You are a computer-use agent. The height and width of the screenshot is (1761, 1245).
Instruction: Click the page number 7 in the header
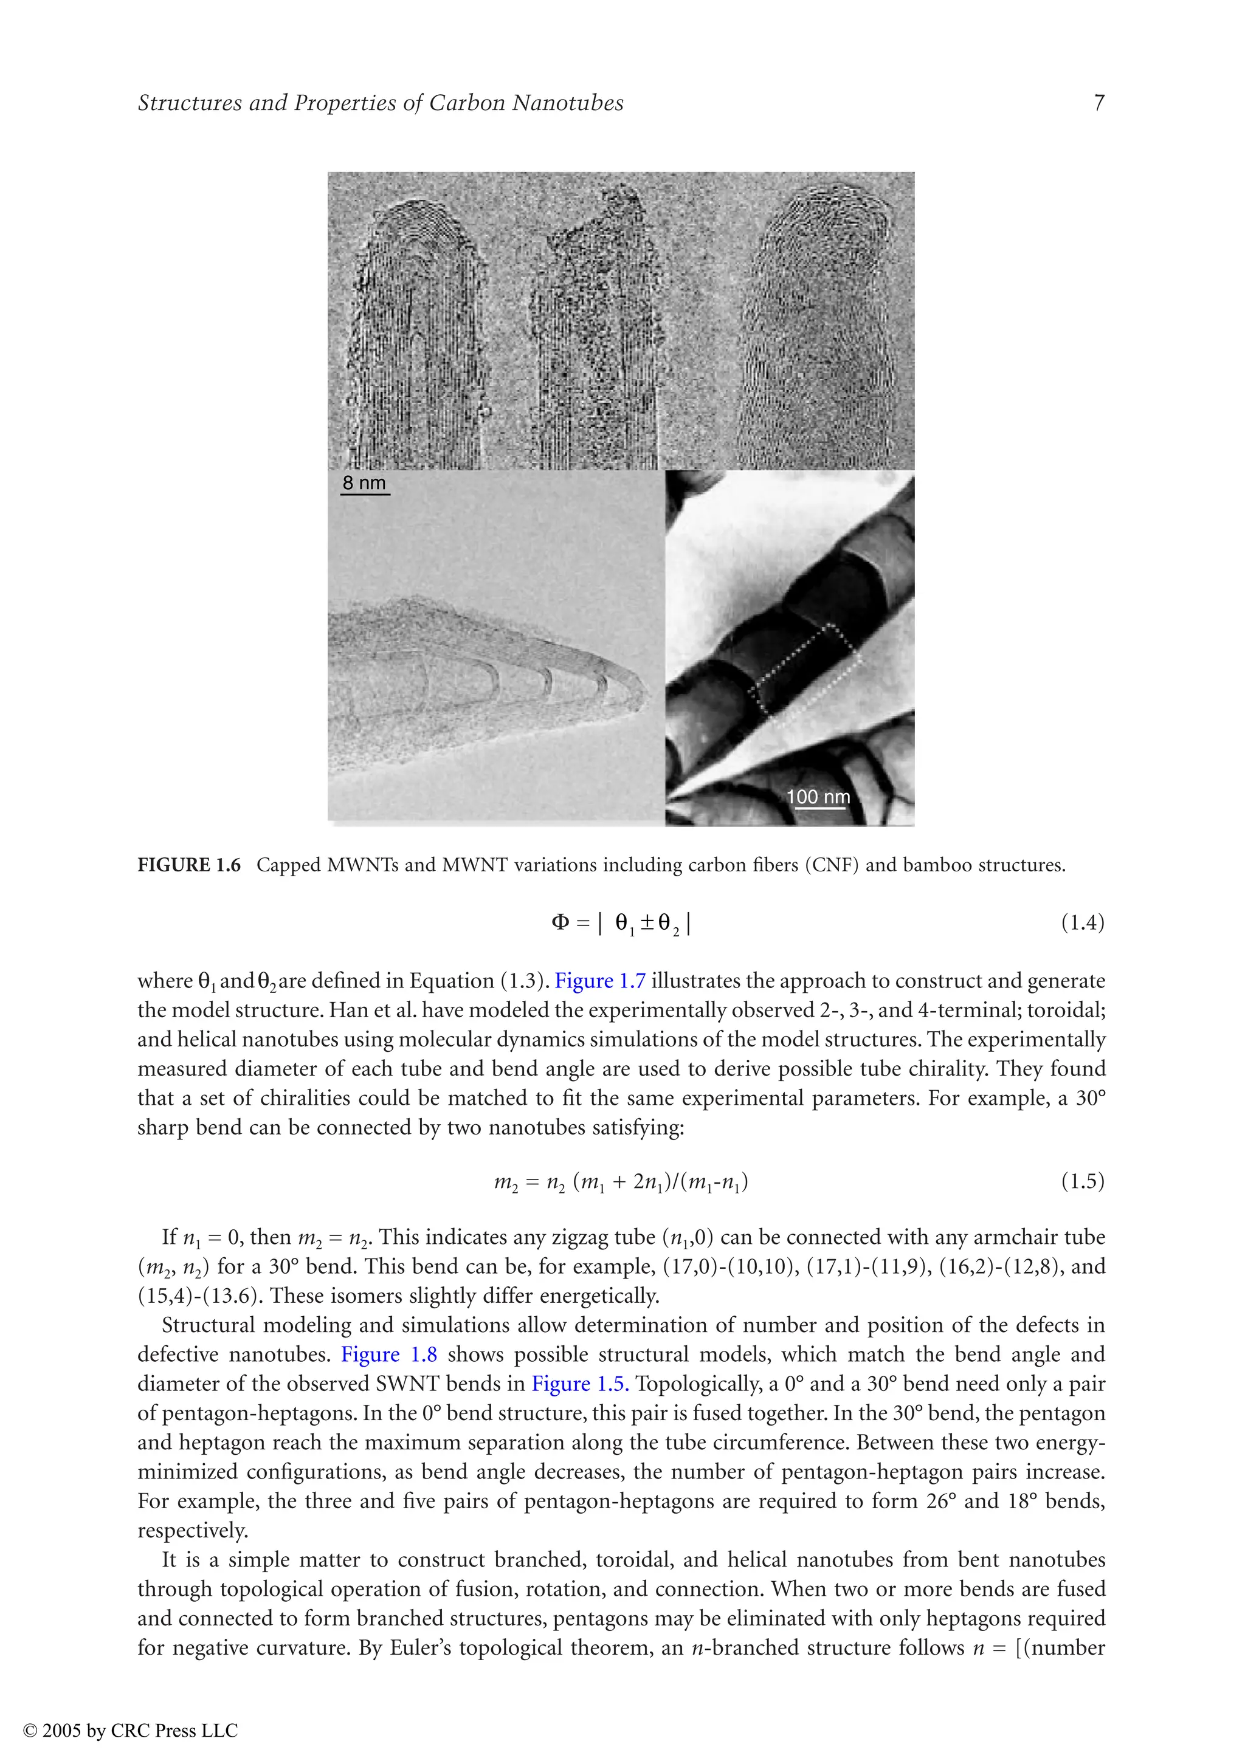point(1098,103)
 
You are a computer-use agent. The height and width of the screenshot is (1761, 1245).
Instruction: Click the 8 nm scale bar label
point(364,483)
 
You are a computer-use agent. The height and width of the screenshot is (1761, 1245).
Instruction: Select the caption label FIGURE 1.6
point(188,865)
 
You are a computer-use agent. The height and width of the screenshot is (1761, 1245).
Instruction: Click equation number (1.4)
point(1082,922)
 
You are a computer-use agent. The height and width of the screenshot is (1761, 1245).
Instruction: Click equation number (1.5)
point(1082,1181)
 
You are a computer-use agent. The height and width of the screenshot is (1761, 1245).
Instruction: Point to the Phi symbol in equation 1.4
point(560,922)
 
